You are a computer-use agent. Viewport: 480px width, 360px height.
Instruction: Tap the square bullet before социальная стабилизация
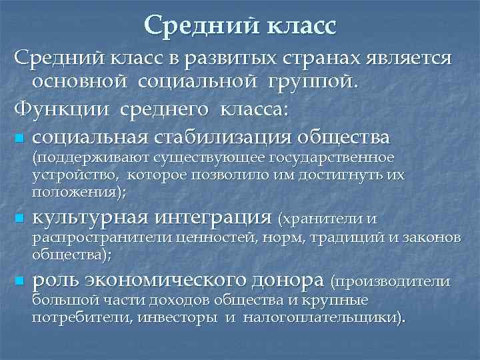(x=18, y=139)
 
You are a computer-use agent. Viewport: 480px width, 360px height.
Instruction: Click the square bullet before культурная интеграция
(x=18, y=218)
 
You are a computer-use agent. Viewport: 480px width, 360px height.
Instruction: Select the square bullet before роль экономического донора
(x=18, y=281)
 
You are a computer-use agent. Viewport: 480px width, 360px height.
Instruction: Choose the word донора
(x=289, y=280)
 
